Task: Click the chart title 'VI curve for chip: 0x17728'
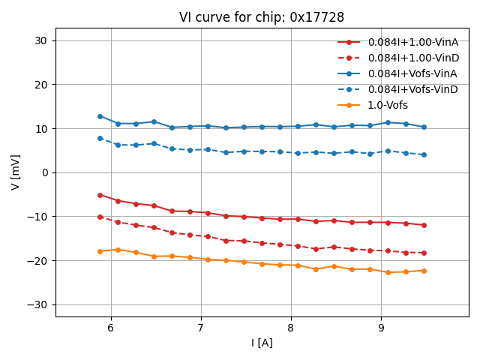[x=262, y=17]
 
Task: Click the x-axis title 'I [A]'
[x=262, y=343]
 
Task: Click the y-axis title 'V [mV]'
[x=16, y=172]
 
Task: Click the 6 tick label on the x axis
[x=111, y=328]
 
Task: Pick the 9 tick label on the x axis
[x=381, y=328]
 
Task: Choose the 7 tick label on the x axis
[x=201, y=328]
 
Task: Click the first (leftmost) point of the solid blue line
[x=100, y=116]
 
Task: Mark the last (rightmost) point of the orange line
[x=424, y=271]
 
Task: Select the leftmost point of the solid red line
[x=100, y=195]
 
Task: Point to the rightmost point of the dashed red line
[x=424, y=253]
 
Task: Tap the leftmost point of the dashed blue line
[x=100, y=138]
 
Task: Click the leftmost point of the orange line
[x=100, y=251]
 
